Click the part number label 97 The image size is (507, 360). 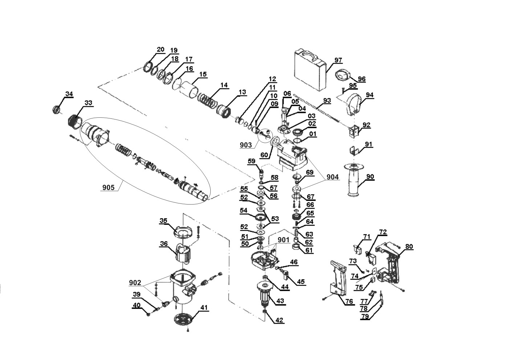pos(338,60)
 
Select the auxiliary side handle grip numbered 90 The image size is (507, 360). pos(355,181)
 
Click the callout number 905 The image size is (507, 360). pos(109,187)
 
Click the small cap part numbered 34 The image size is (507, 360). pos(56,110)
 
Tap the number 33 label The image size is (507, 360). pos(88,103)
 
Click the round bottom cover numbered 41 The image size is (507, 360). pos(183,320)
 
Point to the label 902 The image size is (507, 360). pos(135,283)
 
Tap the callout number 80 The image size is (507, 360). pos(409,246)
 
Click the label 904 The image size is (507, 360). pos(333,177)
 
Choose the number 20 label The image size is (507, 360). pos(160,49)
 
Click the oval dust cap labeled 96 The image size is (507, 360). pos(343,76)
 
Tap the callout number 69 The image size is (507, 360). pos(309,172)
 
